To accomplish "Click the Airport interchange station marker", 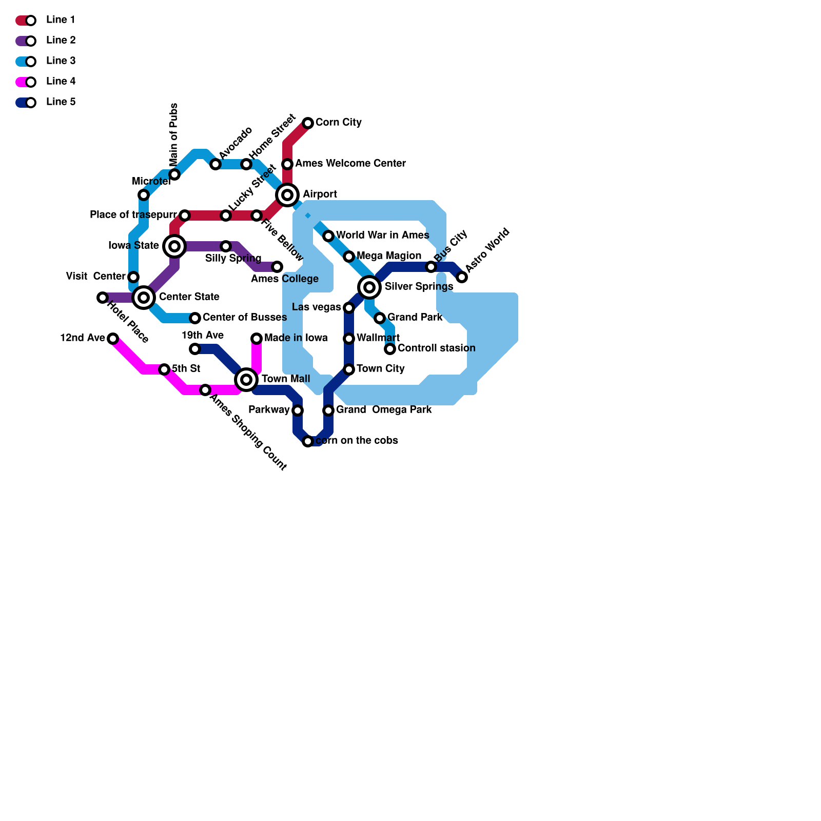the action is click(287, 195).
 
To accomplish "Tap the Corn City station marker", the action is click(308, 123).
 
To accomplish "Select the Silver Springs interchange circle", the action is click(369, 287).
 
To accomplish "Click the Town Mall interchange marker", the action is click(246, 380).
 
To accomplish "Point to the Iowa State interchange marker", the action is click(174, 246).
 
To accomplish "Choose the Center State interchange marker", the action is click(144, 298).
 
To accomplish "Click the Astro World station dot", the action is click(462, 277).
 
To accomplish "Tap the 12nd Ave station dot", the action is click(113, 339).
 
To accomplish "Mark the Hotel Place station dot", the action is click(103, 298).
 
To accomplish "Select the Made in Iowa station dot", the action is click(257, 339).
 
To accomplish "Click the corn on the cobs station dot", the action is click(308, 441).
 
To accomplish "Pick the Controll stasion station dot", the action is click(390, 349).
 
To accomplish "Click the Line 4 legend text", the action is click(61, 82).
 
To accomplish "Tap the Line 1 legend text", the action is click(61, 20).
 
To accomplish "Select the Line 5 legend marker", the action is click(26, 103).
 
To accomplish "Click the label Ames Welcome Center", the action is click(350, 164).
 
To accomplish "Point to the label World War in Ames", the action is click(382, 236).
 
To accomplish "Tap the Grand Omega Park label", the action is click(384, 410).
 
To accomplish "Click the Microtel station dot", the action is click(144, 195).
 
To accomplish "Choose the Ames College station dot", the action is click(277, 267).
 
